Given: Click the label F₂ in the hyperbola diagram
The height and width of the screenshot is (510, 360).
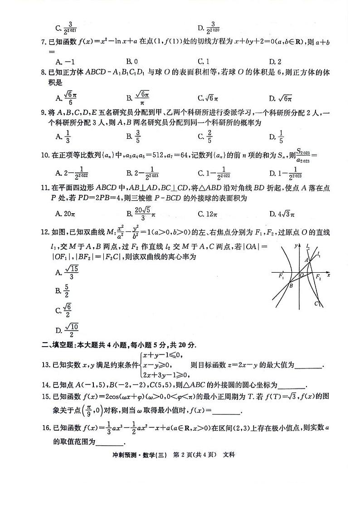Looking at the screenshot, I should point(318,276).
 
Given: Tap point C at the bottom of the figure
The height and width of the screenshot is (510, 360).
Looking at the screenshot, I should point(316,304).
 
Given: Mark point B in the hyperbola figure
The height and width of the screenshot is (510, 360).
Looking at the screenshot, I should point(291,285).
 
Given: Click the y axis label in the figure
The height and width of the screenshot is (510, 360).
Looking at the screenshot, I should point(295,245).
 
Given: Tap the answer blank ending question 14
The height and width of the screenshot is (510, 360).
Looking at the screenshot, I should point(291,385).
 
